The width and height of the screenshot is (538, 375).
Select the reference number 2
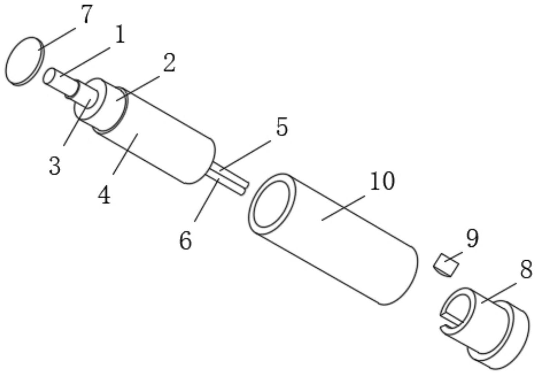(x=169, y=63)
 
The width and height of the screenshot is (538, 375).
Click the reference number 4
(x=105, y=195)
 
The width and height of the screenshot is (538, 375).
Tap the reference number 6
(x=185, y=240)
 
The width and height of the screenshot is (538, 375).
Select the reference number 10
(x=382, y=181)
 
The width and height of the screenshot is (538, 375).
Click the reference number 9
(x=472, y=238)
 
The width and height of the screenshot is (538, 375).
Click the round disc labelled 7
(x=25, y=61)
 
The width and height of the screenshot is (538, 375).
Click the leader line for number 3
(x=77, y=122)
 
